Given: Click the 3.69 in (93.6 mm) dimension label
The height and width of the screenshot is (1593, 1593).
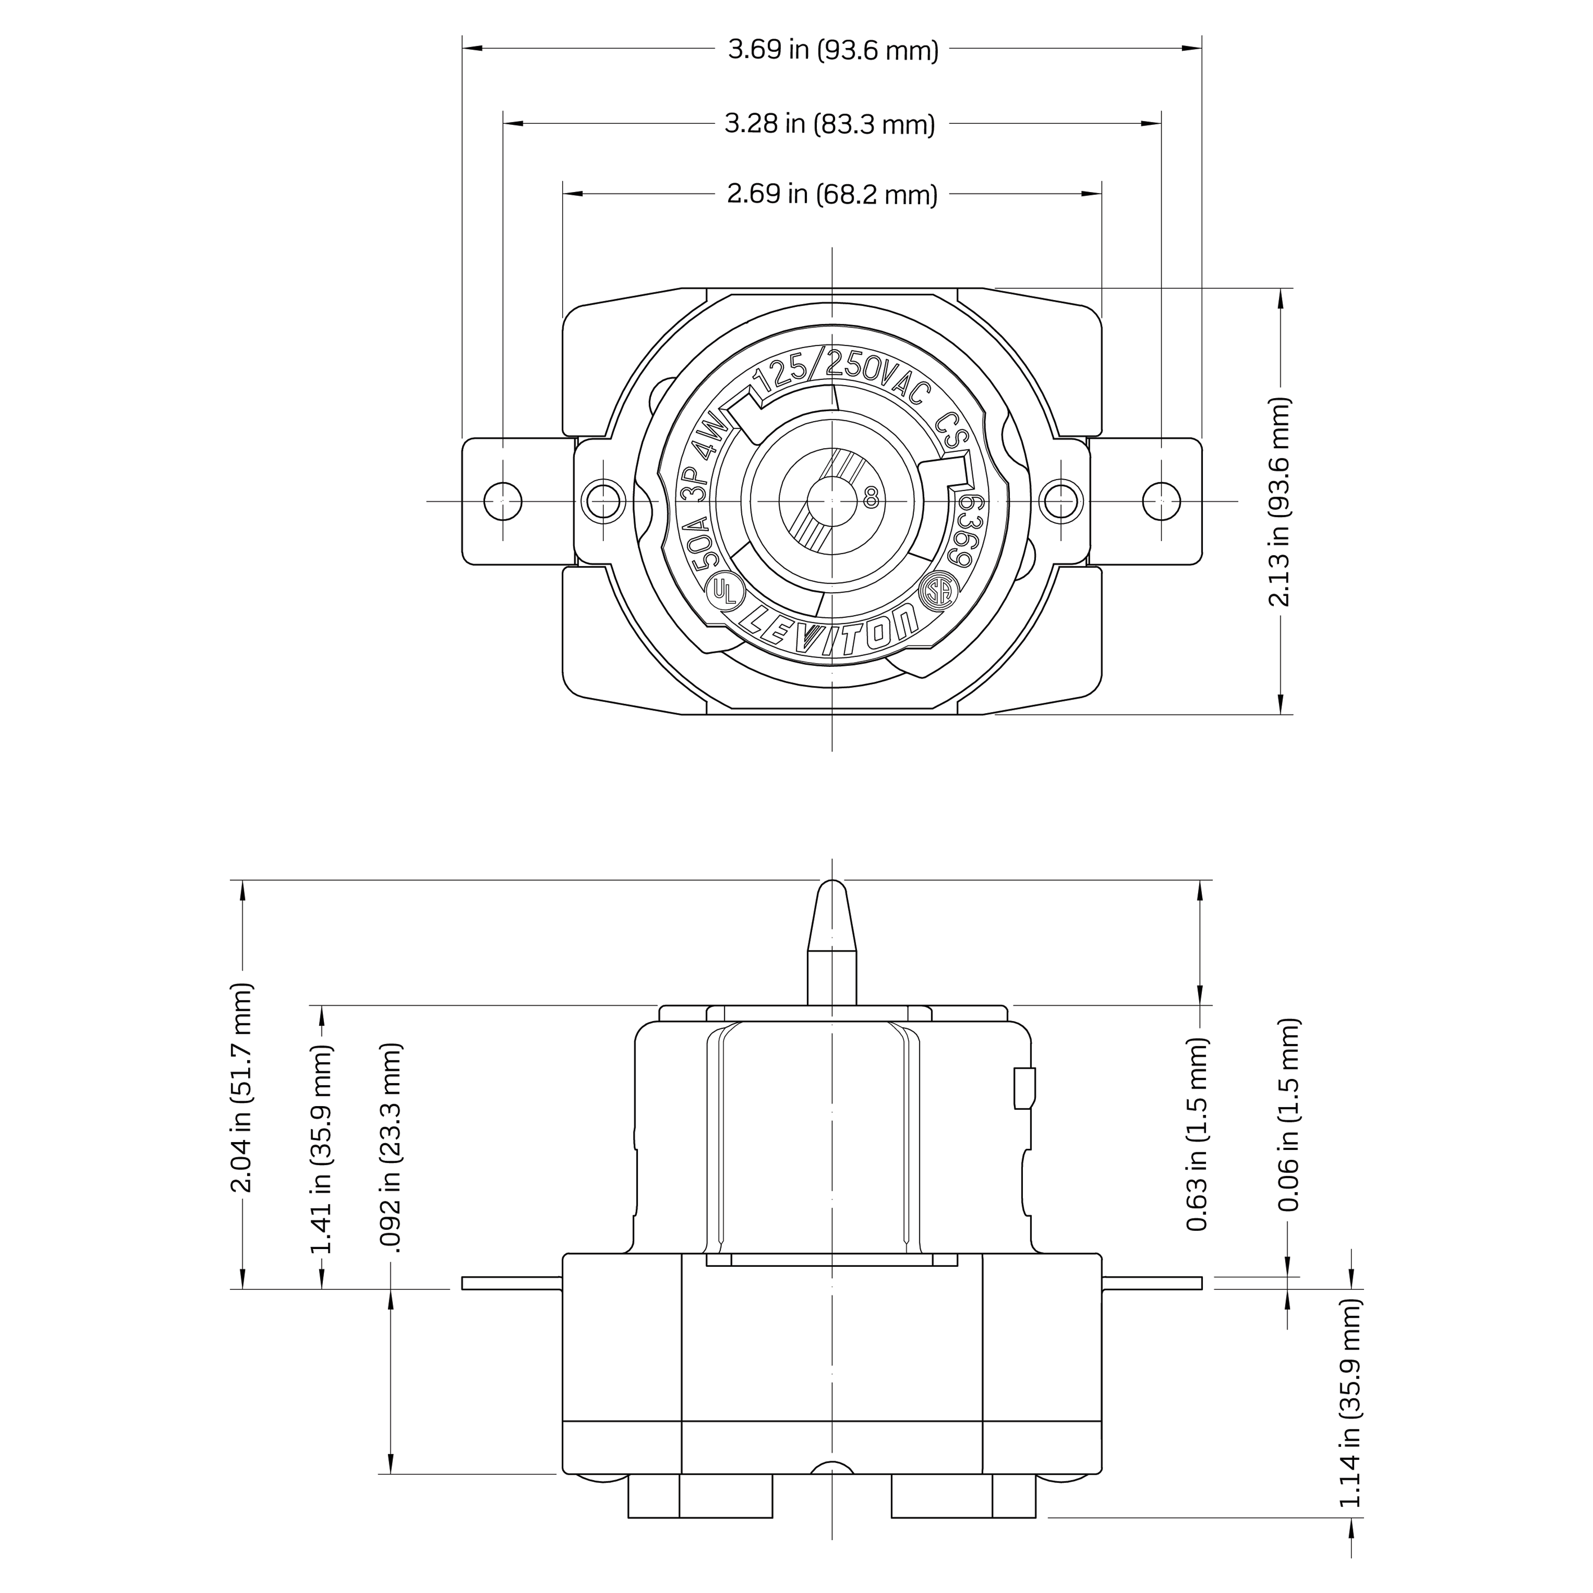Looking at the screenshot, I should pos(833,50).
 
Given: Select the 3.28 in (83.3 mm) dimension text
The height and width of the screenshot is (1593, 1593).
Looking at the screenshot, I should pos(829,124).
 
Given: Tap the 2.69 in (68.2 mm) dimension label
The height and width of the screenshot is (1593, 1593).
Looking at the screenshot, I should pos(832,194).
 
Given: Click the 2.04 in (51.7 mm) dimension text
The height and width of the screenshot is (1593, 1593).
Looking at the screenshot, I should pos(242,1088).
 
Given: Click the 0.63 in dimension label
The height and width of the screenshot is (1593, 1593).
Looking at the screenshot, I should pos(1198,1146).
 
